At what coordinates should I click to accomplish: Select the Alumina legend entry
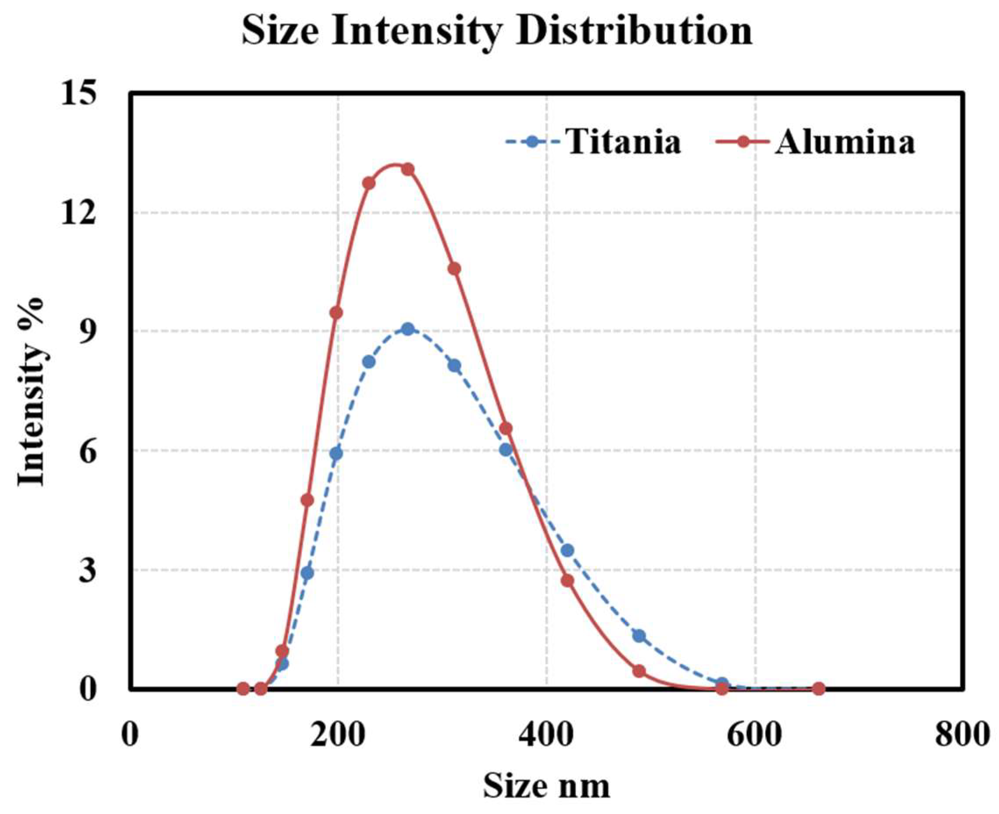843,141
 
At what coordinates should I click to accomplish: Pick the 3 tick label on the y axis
87,570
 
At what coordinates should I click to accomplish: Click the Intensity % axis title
32,391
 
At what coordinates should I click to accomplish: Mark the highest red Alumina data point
408,169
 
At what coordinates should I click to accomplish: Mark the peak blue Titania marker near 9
408,329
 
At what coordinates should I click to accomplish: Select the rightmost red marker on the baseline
818,689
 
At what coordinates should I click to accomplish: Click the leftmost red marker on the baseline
243,689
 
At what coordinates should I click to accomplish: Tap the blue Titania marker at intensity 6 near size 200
336,453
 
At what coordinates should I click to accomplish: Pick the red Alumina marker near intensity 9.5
336,313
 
